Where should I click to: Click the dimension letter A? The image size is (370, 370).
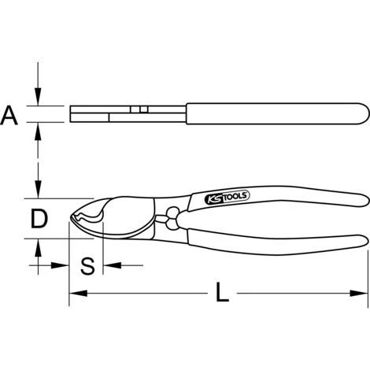pos(9,115)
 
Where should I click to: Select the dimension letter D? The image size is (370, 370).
pos(39,218)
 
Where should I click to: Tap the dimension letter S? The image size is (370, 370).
pos(87,266)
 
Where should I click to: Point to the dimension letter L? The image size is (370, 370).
pos(222,291)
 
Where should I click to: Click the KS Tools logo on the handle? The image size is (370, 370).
pos(227,198)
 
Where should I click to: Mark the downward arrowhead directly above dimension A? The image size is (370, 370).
pos(39,97)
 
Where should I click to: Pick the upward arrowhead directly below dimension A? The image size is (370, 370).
pos(39,131)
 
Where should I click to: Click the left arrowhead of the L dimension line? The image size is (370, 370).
pos(78,294)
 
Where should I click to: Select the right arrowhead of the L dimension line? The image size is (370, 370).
pos(359,294)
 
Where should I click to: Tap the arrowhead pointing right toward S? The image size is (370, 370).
pos(60,265)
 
